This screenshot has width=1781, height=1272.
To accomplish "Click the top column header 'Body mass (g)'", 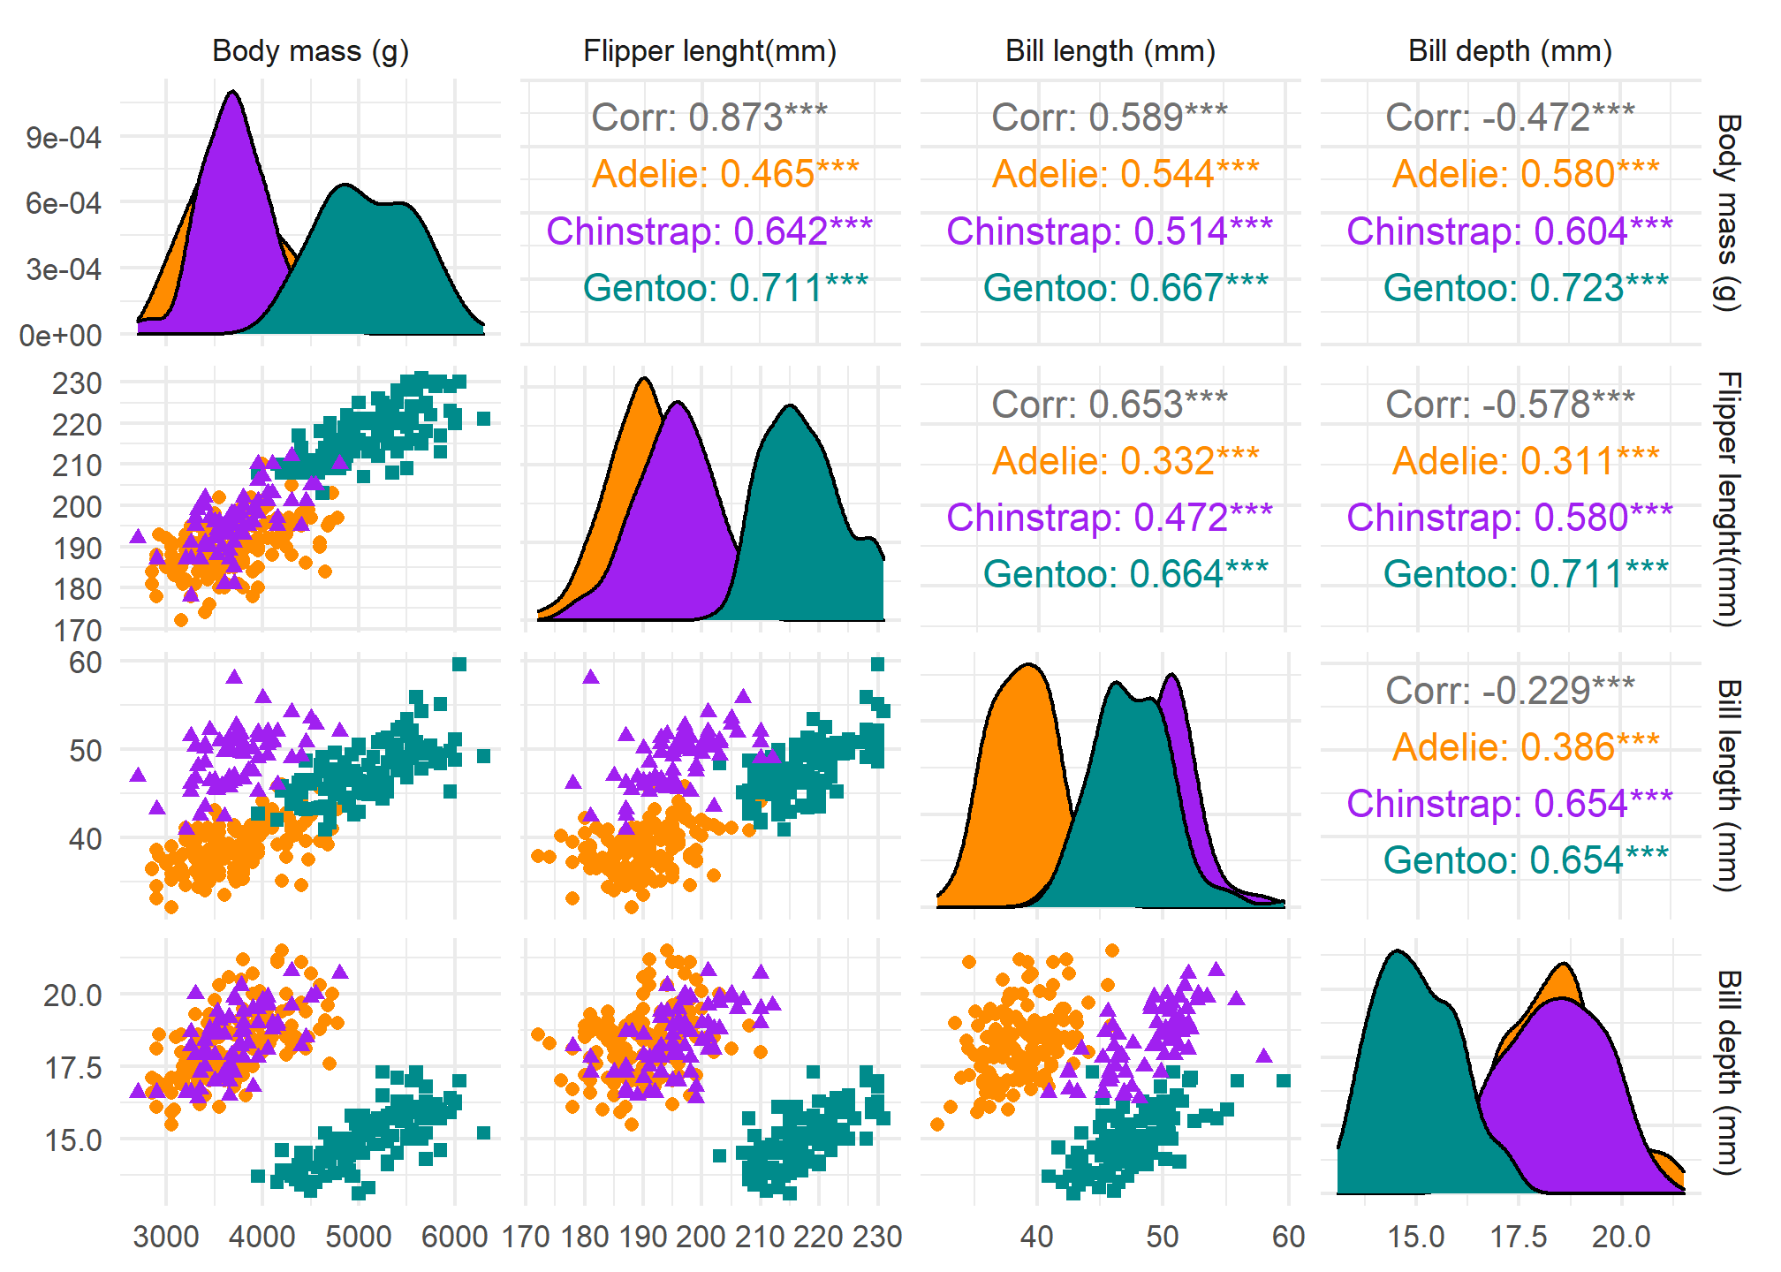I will click(x=310, y=51).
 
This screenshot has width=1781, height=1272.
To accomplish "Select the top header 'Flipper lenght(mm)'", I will click(x=709, y=51).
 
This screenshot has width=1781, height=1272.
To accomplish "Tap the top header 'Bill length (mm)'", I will click(x=1110, y=51).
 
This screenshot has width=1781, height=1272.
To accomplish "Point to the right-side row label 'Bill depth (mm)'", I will click(x=1728, y=1072).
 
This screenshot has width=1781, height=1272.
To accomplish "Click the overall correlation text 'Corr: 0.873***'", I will click(x=709, y=117).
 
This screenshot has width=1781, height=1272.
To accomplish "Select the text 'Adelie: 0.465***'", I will click(x=725, y=174).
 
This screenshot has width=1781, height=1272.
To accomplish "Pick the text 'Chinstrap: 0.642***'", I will click(x=709, y=231).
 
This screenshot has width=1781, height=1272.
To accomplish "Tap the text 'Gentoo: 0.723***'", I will click(x=1526, y=288).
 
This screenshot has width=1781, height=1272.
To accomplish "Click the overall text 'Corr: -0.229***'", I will click(x=1510, y=690).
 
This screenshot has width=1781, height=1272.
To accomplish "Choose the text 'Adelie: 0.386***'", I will click(x=1526, y=747).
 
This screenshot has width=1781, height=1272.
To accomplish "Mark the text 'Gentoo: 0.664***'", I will click(x=1125, y=574).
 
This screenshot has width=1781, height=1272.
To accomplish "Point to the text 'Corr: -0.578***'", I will click(x=1510, y=404).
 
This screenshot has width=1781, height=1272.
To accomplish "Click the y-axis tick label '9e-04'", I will click(x=64, y=138).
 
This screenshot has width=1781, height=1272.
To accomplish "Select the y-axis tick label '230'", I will click(x=77, y=383).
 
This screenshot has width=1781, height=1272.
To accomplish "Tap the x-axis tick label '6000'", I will click(x=454, y=1237).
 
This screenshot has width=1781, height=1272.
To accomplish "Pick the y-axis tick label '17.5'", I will click(x=73, y=1068).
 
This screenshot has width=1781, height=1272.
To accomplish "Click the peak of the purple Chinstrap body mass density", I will click(x=232, y=92).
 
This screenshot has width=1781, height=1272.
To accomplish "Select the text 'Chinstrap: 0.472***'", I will click(x=1110, y=518).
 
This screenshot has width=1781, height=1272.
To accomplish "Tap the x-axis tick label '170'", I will click(x=526, y=1237).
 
